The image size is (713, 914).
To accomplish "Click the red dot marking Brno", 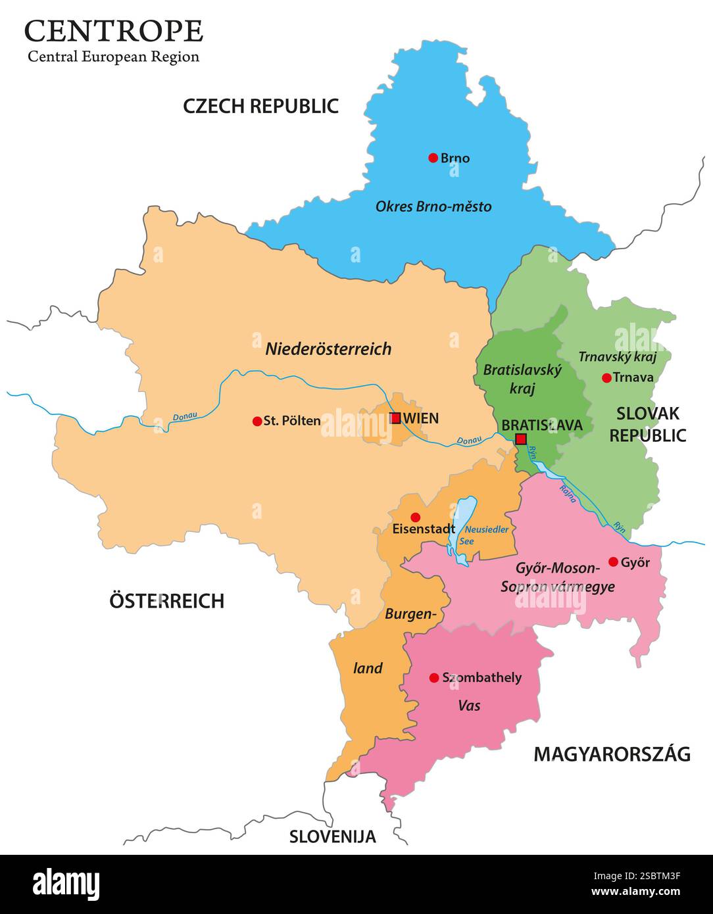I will click(x=433, y=158).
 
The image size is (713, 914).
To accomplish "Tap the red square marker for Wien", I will click(x=395, y=418).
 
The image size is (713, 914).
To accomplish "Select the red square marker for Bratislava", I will click(x=521, y=439).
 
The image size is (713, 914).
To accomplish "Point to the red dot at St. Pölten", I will click(x=257, y=421).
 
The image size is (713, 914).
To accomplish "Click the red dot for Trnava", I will click(x=606, y=378).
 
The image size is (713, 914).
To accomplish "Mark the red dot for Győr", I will click(x=613, y=562).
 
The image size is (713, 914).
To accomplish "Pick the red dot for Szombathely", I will click(x=433, y=678).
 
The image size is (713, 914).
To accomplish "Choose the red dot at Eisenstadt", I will click(x=415, y=517).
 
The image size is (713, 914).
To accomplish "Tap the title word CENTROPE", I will click(x=114, y=31).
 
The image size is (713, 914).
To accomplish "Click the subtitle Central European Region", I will click(x=113, y=57).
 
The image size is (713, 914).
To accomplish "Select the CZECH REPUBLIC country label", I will click(x=260, y=106).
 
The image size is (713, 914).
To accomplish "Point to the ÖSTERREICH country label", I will click(x=166, y=600).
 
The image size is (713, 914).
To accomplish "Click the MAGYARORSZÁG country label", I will click(x=612, y=754).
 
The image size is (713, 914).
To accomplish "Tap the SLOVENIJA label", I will click(x=333, y=836).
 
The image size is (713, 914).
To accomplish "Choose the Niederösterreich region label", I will click(x=328, y=349).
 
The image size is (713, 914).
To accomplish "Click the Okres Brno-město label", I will click(x=433, y=206).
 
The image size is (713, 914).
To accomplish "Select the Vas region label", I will click(x=469, y=706).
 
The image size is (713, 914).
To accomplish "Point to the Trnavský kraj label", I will click(x=617, y=357).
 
